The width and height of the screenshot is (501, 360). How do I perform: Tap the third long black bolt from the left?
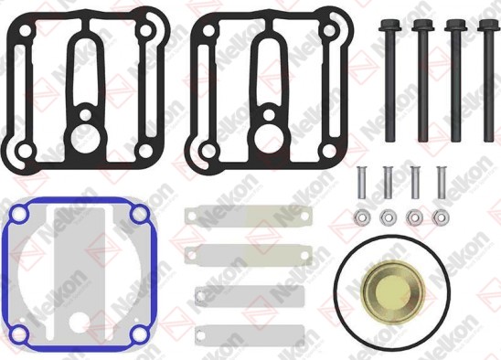tap(453, 87)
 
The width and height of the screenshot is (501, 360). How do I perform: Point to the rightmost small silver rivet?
tap(442, 182)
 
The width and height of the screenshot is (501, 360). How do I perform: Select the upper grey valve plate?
tap(223, 294)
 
